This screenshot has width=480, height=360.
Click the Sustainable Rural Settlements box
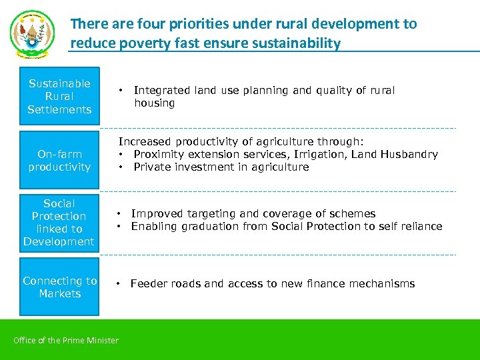[59, 97]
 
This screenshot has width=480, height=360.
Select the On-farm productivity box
[59, 161]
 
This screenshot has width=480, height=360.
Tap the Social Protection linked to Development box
[59, 223]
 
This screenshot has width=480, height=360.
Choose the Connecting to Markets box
[59, 287]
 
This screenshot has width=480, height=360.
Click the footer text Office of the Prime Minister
[66, 341]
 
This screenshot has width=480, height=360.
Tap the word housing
[154, 103]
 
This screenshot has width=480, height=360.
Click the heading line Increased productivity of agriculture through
[241, 142]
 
